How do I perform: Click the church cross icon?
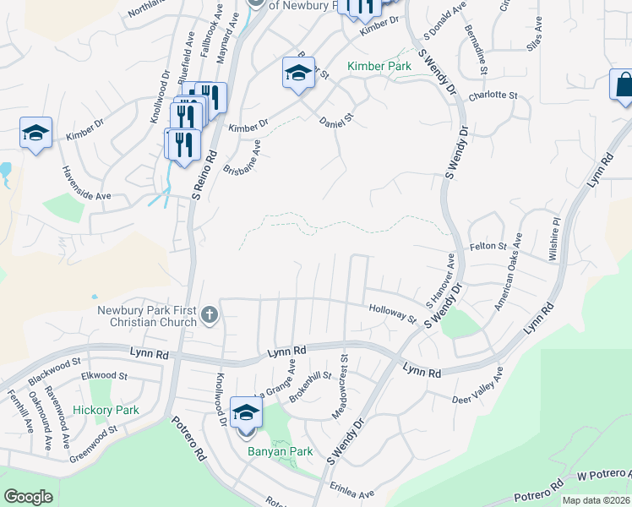pos(210,316)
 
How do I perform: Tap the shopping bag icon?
pos(623,85)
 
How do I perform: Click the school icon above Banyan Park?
pos(246,412)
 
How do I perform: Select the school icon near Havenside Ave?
pos(36,134)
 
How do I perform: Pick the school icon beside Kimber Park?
pos(298,74)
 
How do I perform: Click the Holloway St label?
pos(393,313)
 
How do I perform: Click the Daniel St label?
pos(335,123)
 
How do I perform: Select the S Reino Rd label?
pos(205,175)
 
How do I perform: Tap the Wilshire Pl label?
pos(557,239)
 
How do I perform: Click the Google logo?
pos(28,496)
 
